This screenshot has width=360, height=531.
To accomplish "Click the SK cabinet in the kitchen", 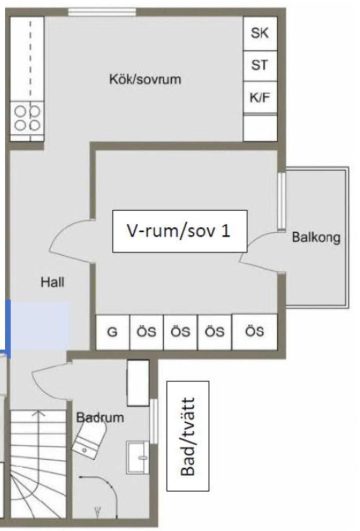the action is (260, 33).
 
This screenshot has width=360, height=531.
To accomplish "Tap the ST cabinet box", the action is (260, 66).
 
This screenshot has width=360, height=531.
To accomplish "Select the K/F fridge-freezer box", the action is (260, 97).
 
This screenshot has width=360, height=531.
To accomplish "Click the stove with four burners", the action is (27, 118).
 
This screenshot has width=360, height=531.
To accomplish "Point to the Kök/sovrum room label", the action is (145, 79).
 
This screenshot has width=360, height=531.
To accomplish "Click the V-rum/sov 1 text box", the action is (180, 231).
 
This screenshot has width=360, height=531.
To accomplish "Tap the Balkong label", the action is (316, 237).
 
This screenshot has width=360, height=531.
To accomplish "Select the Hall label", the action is (52, 282).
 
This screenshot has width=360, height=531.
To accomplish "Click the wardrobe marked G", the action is (113, 332).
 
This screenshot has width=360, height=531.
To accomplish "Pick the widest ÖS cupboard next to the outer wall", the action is (254, 332).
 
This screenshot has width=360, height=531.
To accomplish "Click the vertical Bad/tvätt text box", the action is (188, 436).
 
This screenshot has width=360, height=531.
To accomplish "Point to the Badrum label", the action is (100, 418).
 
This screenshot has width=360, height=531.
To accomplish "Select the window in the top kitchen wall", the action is (102, 12).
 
